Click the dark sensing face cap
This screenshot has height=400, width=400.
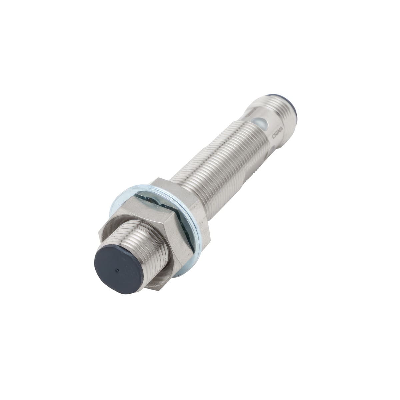point(118,270)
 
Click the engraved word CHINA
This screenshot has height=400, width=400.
point(277,133)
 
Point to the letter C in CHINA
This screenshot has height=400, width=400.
point(274,137)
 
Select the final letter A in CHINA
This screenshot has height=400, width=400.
point(281,129)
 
